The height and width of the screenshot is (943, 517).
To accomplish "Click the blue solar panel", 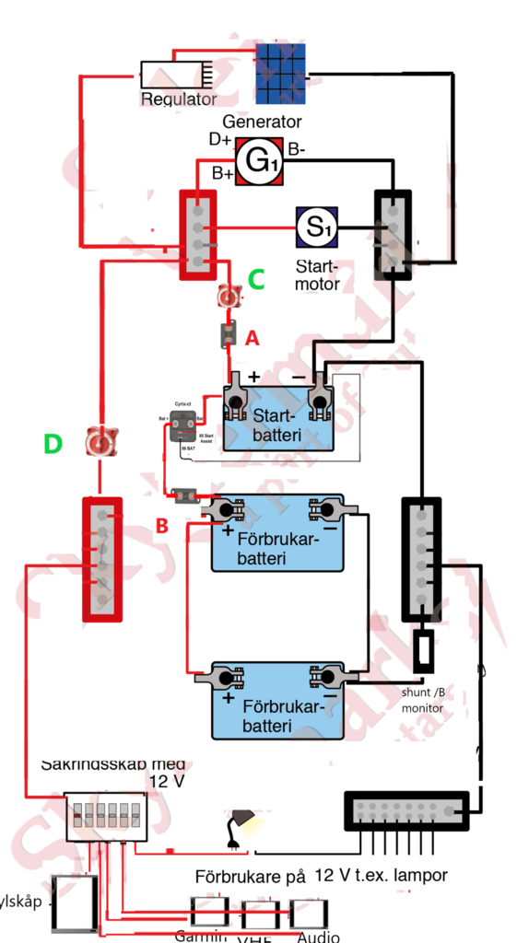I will point(280,73).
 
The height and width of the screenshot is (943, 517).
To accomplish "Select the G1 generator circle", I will point(258,162).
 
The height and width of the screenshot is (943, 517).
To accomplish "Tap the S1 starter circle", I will point(317,227).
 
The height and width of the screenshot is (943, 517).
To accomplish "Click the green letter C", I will point(256,278).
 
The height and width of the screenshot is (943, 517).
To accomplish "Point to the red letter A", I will point(252,339).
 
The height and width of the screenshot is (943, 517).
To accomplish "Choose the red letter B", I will point(161,528).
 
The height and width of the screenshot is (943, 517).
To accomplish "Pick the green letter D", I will point(53,445).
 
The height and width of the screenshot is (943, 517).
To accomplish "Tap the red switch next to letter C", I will point(229,297).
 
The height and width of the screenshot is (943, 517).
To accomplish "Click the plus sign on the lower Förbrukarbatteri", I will point(227,698).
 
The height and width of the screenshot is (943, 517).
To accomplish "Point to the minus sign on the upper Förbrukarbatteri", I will point(329,530).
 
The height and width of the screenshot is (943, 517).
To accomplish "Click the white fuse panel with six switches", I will point(106,814).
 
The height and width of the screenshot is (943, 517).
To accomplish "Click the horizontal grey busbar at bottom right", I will point(407,810).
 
